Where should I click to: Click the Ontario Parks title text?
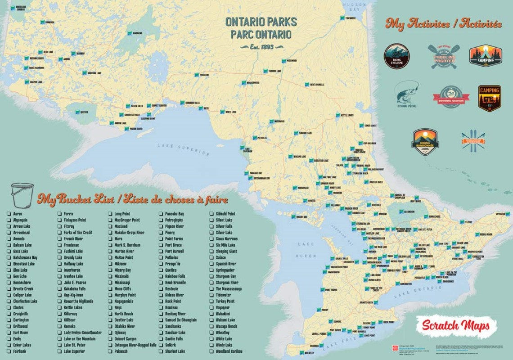coord(258,28)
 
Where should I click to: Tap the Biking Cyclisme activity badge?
coord(396,56)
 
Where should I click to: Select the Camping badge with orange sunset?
coord(485,56)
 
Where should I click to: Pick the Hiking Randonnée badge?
coord(425,141)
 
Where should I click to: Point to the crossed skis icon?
coord(473,140)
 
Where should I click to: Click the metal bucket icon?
coord(22,194)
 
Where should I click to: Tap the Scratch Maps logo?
coord(455,326)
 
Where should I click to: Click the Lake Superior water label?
coord(183,149)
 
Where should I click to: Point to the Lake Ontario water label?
coord(418,288)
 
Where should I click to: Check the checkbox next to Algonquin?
coord(9,220)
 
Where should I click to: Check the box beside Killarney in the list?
coord(59,314)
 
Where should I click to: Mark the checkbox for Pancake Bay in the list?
coord(161,214)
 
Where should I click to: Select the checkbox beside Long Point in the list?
coord(110,214)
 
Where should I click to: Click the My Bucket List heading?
coord(133,199)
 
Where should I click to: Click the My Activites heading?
coord(443,23)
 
